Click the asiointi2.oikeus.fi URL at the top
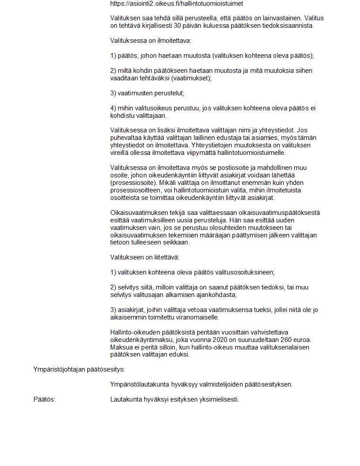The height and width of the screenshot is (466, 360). point(176,4)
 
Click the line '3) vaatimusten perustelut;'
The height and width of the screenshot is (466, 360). point(147,93)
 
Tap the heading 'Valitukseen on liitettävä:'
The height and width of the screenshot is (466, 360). point(145,257)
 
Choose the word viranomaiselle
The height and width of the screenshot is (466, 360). point(198,317)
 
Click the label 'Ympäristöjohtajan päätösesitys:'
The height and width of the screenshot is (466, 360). point(79,369)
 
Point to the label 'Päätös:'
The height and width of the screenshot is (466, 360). point(44,399)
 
